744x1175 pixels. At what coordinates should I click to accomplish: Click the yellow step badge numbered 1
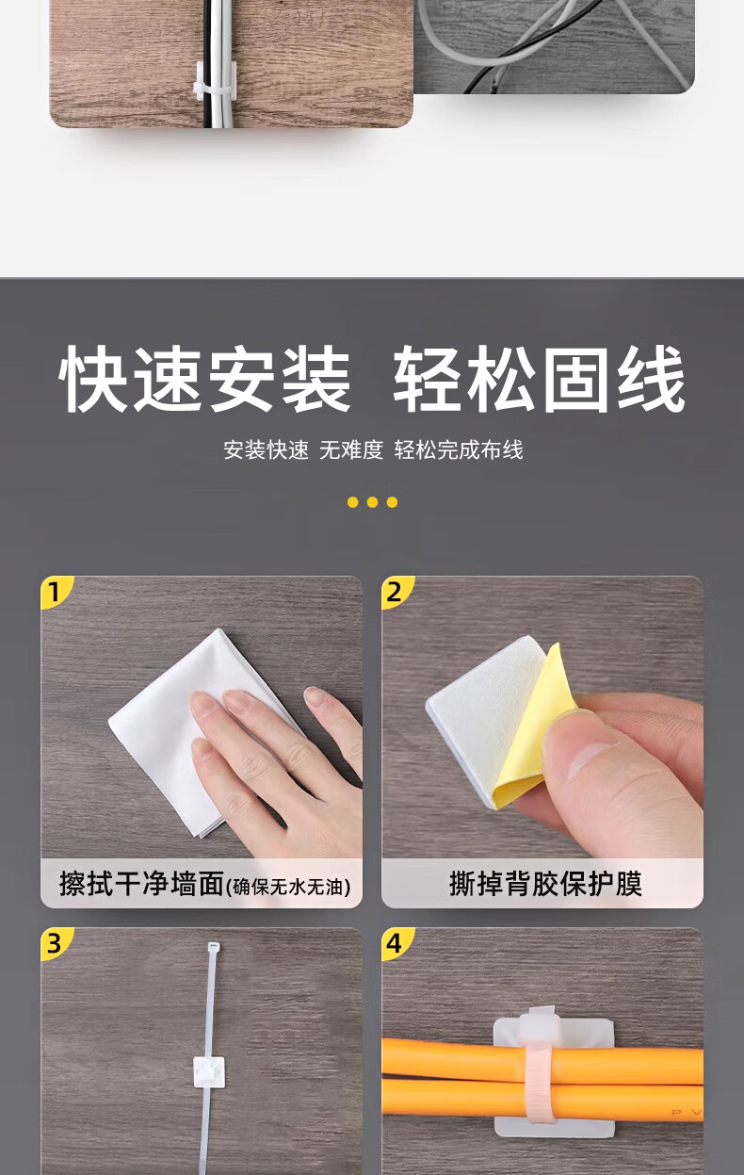click(x=57, y=592)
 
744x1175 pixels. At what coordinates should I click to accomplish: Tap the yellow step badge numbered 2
click(x=396, y=592)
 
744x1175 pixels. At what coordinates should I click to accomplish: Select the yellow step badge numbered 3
click(x=57, y=943)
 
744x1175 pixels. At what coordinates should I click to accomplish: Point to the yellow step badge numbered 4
click(x=396, y=943)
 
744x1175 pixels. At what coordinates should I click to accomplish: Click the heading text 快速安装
click(x=204, y=379)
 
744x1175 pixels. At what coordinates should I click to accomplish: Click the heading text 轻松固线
click(x=540, y=379)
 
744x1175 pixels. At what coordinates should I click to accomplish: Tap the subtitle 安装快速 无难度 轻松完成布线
click(x=373, y=450)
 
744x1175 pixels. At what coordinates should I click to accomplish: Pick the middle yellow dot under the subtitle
click(x=372, y=502)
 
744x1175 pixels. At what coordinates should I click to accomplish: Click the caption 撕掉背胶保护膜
click(x=545, y=884)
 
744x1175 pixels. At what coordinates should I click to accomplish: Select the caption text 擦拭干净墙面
click(x=142, y=884)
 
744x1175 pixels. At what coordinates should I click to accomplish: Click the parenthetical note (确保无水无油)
click(x=288, y=887)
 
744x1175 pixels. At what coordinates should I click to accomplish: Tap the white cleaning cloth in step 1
click(x=200, y=734)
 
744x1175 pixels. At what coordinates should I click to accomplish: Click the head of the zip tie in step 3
click(x=214, y=949)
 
